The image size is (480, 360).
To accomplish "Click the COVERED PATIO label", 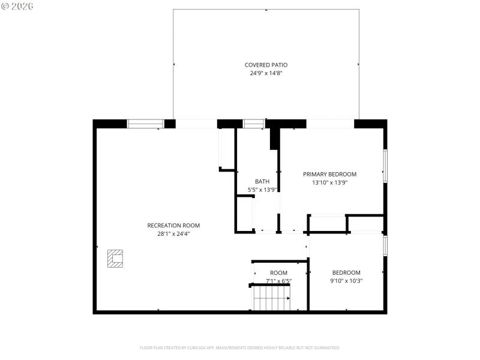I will click(266, 65).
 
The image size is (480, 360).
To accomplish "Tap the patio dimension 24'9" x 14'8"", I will click(266, 73).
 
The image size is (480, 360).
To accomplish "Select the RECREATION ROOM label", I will click(173, 226).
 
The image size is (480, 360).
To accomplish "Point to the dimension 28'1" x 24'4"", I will click(173, 234).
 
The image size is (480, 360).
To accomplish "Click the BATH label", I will click(262, 181).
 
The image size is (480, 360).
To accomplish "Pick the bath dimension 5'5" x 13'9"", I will click(262, 190).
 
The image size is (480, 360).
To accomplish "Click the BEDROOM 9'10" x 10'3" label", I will click(346, 272).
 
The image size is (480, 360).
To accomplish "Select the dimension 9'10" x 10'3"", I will click(346, 281).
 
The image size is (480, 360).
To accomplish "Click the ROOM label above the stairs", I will click(278, 273).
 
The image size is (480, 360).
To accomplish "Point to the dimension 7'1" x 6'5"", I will click(278, 281).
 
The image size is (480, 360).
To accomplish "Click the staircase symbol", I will click(271, 298).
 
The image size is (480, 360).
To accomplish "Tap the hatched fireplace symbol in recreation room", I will click(115, 258).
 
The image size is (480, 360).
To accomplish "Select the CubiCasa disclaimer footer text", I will click(240, 347).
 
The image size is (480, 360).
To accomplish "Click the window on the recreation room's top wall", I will click(145, 124).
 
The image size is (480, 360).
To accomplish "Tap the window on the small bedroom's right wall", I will click(385, 245).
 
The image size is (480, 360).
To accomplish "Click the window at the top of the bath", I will click(253, 124).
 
